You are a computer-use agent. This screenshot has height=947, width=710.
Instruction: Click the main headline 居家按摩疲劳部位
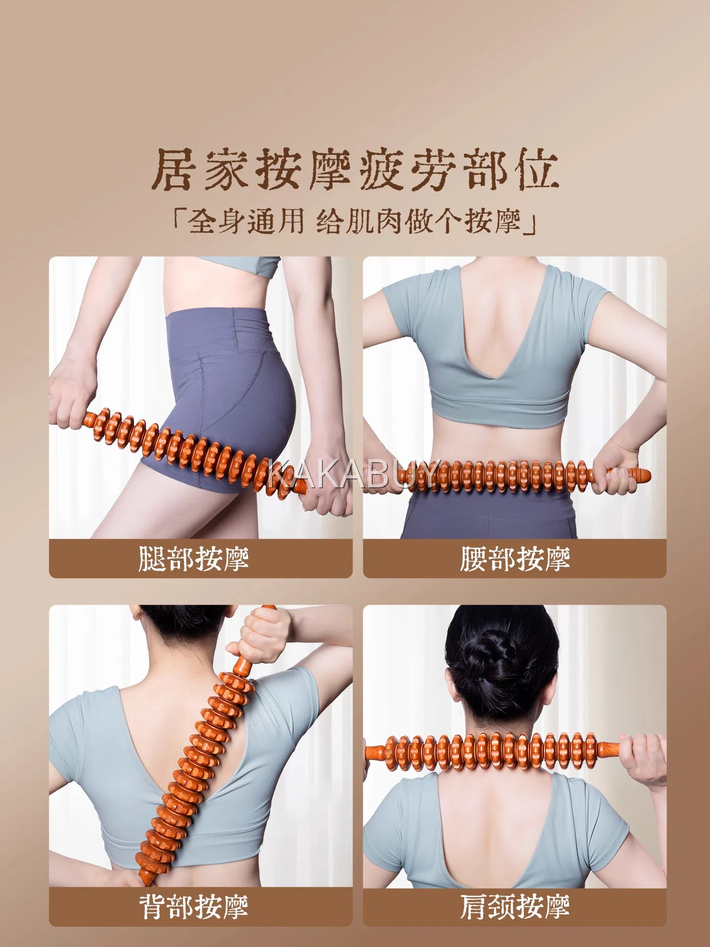point(355,169)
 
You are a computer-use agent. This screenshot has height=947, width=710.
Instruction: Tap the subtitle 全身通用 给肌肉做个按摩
point(355,220)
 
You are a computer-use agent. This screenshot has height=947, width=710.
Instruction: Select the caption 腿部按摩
point(194,558)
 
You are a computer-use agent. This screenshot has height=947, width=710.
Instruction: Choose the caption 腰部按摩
point(515,558)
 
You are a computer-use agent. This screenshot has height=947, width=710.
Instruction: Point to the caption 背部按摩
point(194,906)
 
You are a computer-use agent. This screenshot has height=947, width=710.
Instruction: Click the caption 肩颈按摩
point(515,906)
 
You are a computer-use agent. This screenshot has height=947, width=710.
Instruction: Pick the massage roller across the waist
point(523,476)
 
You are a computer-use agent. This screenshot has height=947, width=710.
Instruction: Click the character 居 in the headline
point(173,169)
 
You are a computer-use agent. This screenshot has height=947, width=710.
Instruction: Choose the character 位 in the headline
point(537,169)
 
